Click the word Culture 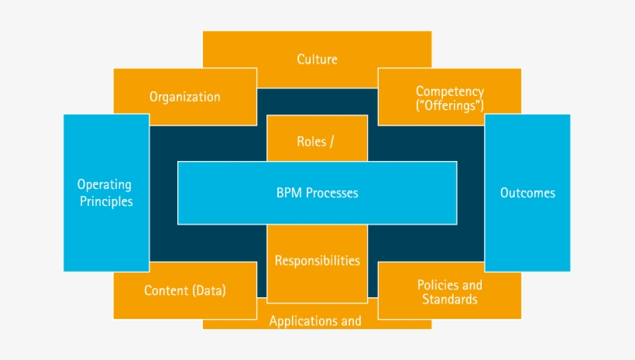tap(317, 59)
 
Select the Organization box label tap(184, 97)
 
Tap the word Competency tap(449, 91)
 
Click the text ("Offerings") tap(449, 105)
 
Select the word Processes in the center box tap(332, 193)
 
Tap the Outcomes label tap(527, 193)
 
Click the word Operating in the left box tap(105, 185)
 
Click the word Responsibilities tap(317, 260)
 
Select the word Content tap(166, 291)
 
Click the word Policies tap(438, 285)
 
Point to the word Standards tap(449, 299)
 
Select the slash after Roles tap(342, 142)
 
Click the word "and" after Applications tap(351, 321)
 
